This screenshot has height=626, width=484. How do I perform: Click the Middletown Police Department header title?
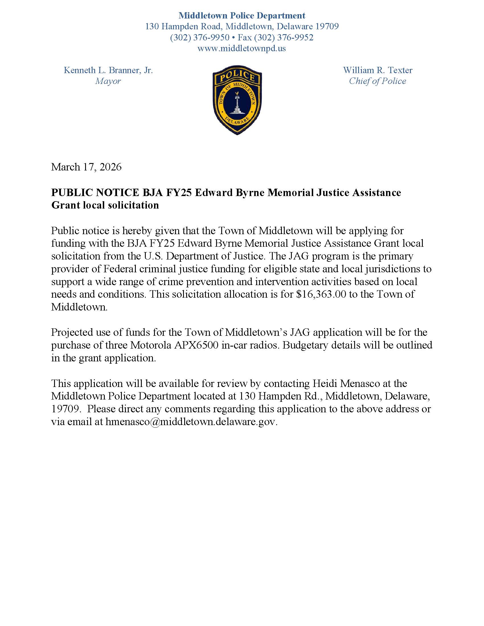click(242, 15)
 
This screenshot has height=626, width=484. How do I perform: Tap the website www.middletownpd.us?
click(242, 48)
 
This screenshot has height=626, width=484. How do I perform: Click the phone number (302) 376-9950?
click(200, 37)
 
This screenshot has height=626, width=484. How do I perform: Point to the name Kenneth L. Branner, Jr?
click(108, 70)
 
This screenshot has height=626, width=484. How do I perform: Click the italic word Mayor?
click(108, 81)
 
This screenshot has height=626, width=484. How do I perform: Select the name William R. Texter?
click(378, 70)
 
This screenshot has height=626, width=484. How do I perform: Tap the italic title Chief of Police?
click(377, 81)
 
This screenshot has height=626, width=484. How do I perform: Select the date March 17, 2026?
click(86, 167)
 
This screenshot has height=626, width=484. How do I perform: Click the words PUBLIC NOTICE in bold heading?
click(95, 192)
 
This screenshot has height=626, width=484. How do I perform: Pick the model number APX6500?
click(196, 345)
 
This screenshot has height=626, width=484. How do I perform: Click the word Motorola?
click(151, 345)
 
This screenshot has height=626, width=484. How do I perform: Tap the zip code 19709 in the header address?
click(327, 26)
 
